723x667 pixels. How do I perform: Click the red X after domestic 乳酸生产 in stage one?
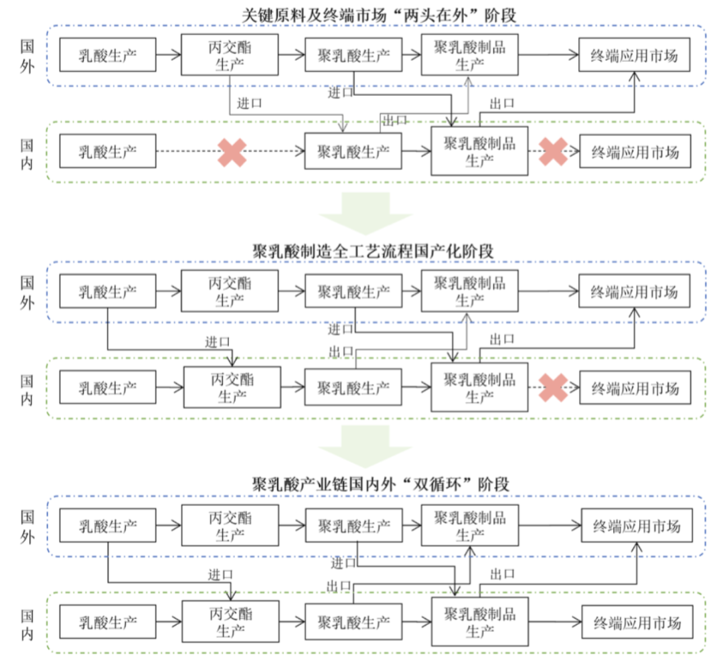231,153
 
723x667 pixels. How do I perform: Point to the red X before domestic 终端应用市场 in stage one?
554,153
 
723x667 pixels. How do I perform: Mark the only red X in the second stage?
554,388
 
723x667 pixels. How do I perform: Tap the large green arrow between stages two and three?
365,447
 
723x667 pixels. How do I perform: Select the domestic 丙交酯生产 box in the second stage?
231,387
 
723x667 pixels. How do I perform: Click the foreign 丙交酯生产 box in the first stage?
230,55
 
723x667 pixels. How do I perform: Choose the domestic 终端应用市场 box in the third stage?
636,622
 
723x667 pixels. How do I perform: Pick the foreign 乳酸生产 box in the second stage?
108,291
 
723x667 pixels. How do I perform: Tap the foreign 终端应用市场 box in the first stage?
635,55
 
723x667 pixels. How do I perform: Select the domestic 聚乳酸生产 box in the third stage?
353,622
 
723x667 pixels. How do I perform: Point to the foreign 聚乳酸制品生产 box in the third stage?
470,526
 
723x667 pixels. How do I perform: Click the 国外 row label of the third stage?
27,526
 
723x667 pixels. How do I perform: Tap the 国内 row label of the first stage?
27,152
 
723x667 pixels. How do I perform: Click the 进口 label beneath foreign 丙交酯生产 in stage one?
249,104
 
